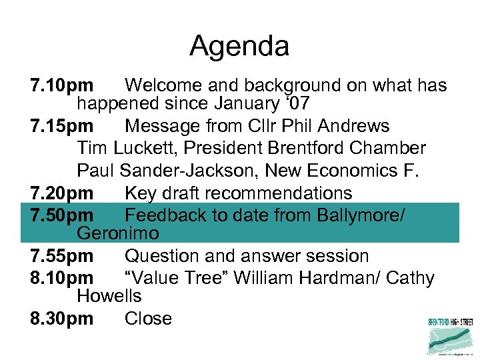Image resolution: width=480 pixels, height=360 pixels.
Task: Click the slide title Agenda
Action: click(239, 47)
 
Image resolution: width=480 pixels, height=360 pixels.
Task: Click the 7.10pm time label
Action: click(61, 86)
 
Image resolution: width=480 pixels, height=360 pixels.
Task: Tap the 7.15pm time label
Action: click(61, 126)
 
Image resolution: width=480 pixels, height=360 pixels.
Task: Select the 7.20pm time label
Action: click(61, 193)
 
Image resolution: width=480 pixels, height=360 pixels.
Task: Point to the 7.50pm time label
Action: click(61, 215)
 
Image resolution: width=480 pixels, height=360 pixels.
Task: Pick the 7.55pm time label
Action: click(61, 256)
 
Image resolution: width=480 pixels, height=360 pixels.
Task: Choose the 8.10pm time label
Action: click(61, 278)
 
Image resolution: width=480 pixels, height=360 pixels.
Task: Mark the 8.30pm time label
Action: click(61, 319)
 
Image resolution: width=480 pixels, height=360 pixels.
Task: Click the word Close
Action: click(148, 319)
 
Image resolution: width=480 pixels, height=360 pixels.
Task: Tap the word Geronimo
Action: click(118, 233)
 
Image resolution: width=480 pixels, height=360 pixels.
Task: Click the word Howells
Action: click(109, 295)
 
